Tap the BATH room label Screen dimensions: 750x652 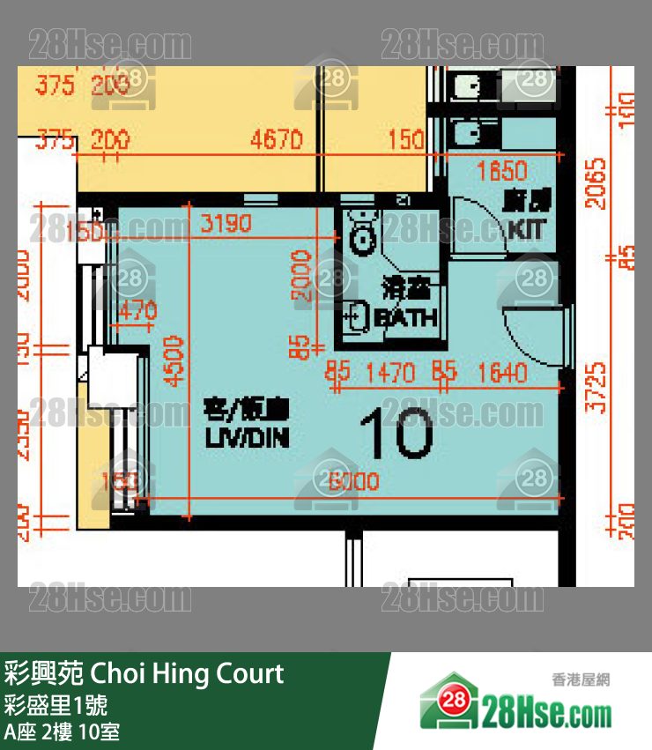click(407, 317)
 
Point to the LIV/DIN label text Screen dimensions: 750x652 click(247, 436)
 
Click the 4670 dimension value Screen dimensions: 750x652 click(276, 140)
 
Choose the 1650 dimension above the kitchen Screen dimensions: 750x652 click(501, 170)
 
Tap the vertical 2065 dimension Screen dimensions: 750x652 click(598, 182)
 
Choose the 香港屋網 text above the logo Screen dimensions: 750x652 click(581, 679)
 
